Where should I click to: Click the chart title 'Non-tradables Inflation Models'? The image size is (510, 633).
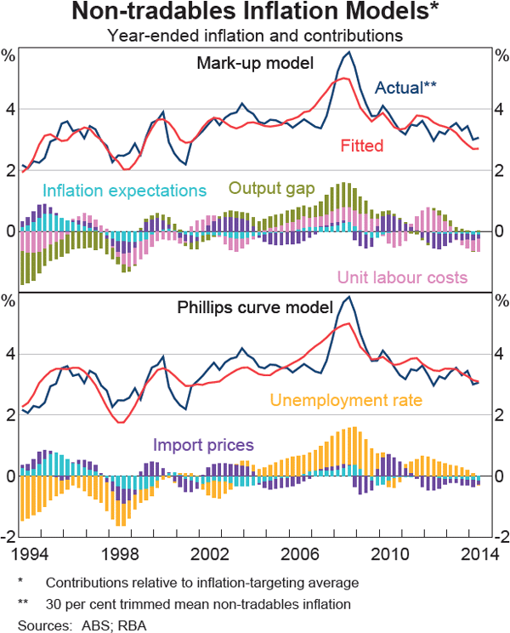[254, 14]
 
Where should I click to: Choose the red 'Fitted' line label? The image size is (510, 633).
[362, 145]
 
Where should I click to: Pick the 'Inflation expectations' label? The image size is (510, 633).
[124, 190]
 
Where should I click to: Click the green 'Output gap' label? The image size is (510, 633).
[272, 188]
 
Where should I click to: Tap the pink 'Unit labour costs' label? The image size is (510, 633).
[403, 277]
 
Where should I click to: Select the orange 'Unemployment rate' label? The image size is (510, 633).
[346, 399]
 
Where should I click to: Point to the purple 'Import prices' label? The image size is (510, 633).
[203, 444]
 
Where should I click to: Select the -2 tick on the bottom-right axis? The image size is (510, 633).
[498, 536]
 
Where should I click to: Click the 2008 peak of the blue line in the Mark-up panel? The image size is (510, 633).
[348, 53]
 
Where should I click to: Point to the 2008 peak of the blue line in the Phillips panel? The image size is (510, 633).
[348, 297]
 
